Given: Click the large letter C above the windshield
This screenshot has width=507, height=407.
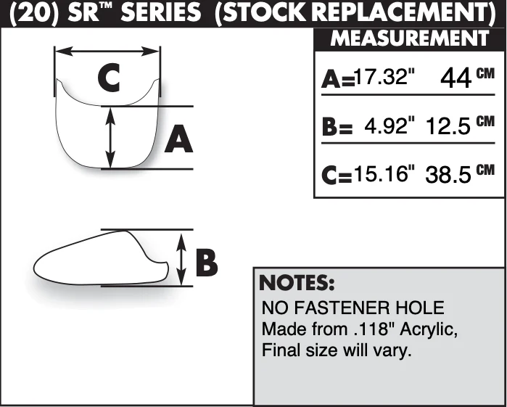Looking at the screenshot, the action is click(109, 78).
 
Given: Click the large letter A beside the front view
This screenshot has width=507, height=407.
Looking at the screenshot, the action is click(179, 139).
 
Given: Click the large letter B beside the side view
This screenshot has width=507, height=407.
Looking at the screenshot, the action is click(207, 263).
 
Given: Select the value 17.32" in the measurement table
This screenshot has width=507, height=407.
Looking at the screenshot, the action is click(384, 77).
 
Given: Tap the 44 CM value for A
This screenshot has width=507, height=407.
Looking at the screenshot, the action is click(468, 78).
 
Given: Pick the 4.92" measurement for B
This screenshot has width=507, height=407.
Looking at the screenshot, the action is click(389, 126).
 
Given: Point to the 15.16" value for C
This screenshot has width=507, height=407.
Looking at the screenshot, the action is click(384, 173).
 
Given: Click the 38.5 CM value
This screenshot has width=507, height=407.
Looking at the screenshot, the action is click(460, 174).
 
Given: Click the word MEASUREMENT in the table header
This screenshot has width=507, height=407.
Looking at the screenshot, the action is click(409, 38).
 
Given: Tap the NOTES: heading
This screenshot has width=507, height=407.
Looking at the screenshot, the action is click(297, 282).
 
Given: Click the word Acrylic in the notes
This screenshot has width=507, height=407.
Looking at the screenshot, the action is click(429, 330).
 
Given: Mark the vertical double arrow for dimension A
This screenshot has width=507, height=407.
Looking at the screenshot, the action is click(110, 138).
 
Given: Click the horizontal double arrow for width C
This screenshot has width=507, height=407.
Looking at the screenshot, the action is click(107, 51).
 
